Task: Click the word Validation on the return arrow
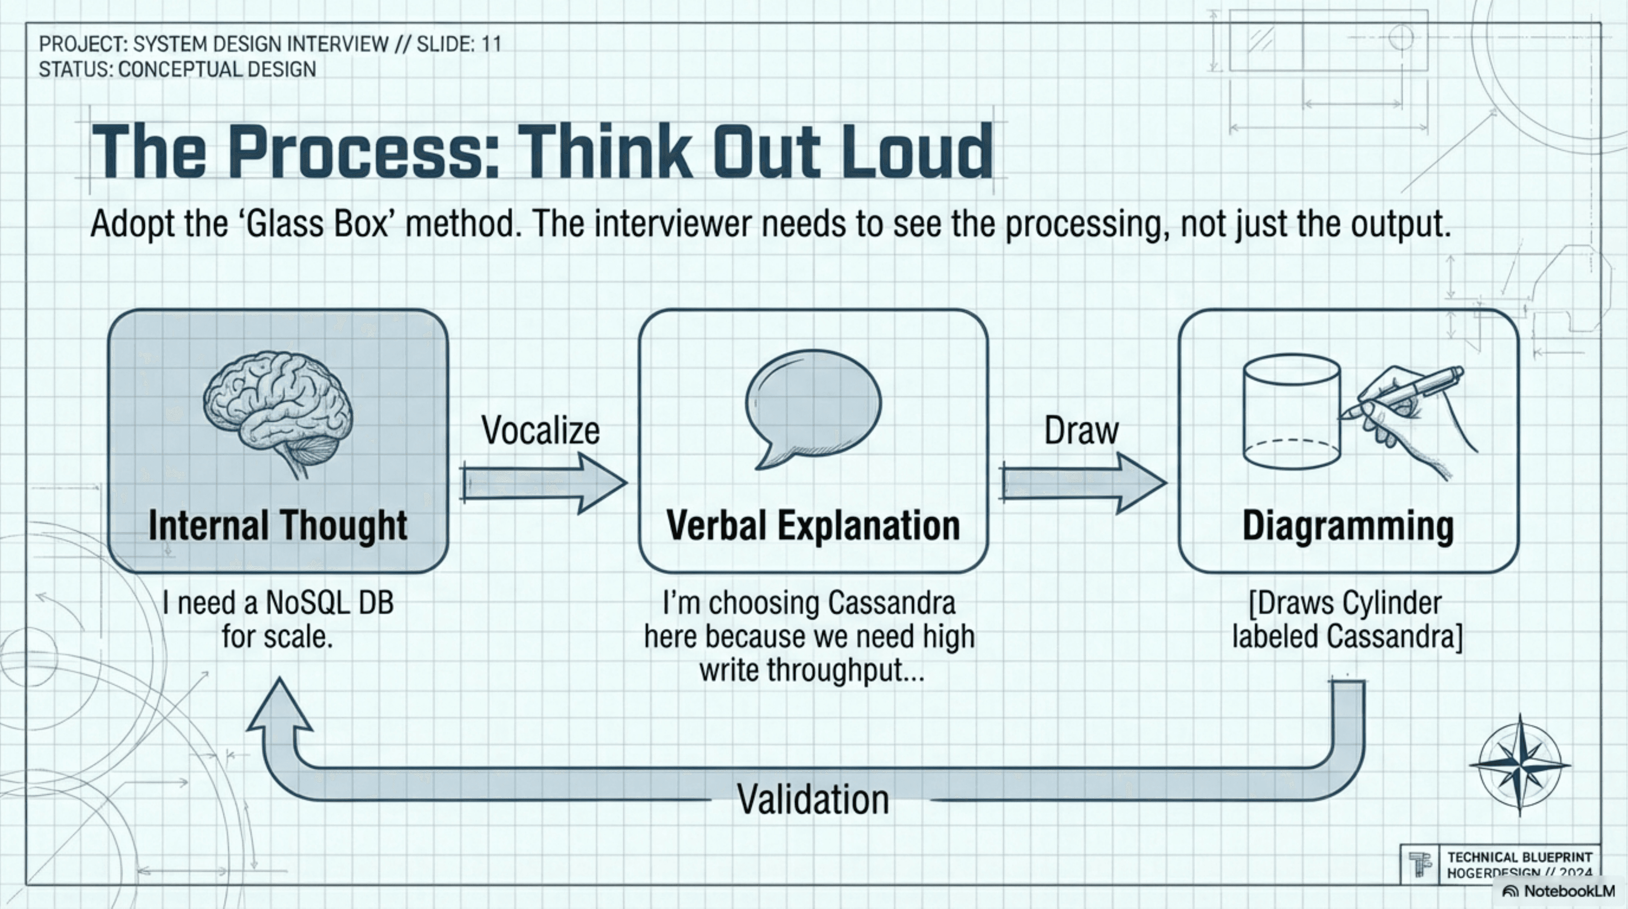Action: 813,799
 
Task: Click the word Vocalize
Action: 540,431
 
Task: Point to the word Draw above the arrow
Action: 1081,431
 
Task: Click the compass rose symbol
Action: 1519,764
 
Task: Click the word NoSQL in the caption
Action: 307,603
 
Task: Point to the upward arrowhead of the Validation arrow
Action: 279,705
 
